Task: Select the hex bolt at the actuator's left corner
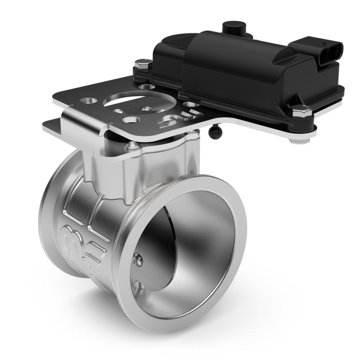point(143,63)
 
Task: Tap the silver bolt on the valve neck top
point(131,145)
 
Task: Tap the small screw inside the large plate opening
point(147,108)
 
